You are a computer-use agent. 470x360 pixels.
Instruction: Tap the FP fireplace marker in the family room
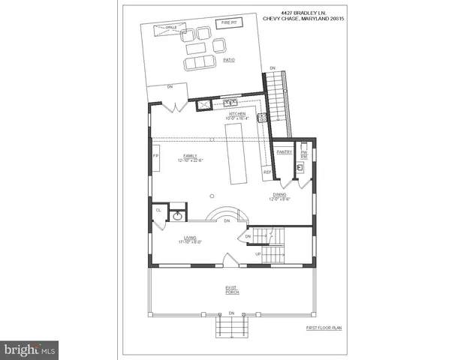[x=156, y=155]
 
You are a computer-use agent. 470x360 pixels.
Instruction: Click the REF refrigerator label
[x=267, y=172]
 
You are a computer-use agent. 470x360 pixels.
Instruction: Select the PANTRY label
[x=284, y=152]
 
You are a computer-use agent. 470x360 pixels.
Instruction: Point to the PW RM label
[x=304, y=154]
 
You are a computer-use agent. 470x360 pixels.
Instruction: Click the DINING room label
[x=279, y=196]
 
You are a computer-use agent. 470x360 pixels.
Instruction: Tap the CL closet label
[x=158, y=211]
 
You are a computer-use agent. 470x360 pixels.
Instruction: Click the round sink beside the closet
[x=178, y=216]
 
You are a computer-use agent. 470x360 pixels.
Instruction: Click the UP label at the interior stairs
[x=258, y=254]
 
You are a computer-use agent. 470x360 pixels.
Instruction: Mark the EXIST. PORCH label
[x=231, y=290]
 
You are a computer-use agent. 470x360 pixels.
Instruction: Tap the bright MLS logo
[x=29, y=349]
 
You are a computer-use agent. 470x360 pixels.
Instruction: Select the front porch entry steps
[x=232, y=328]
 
